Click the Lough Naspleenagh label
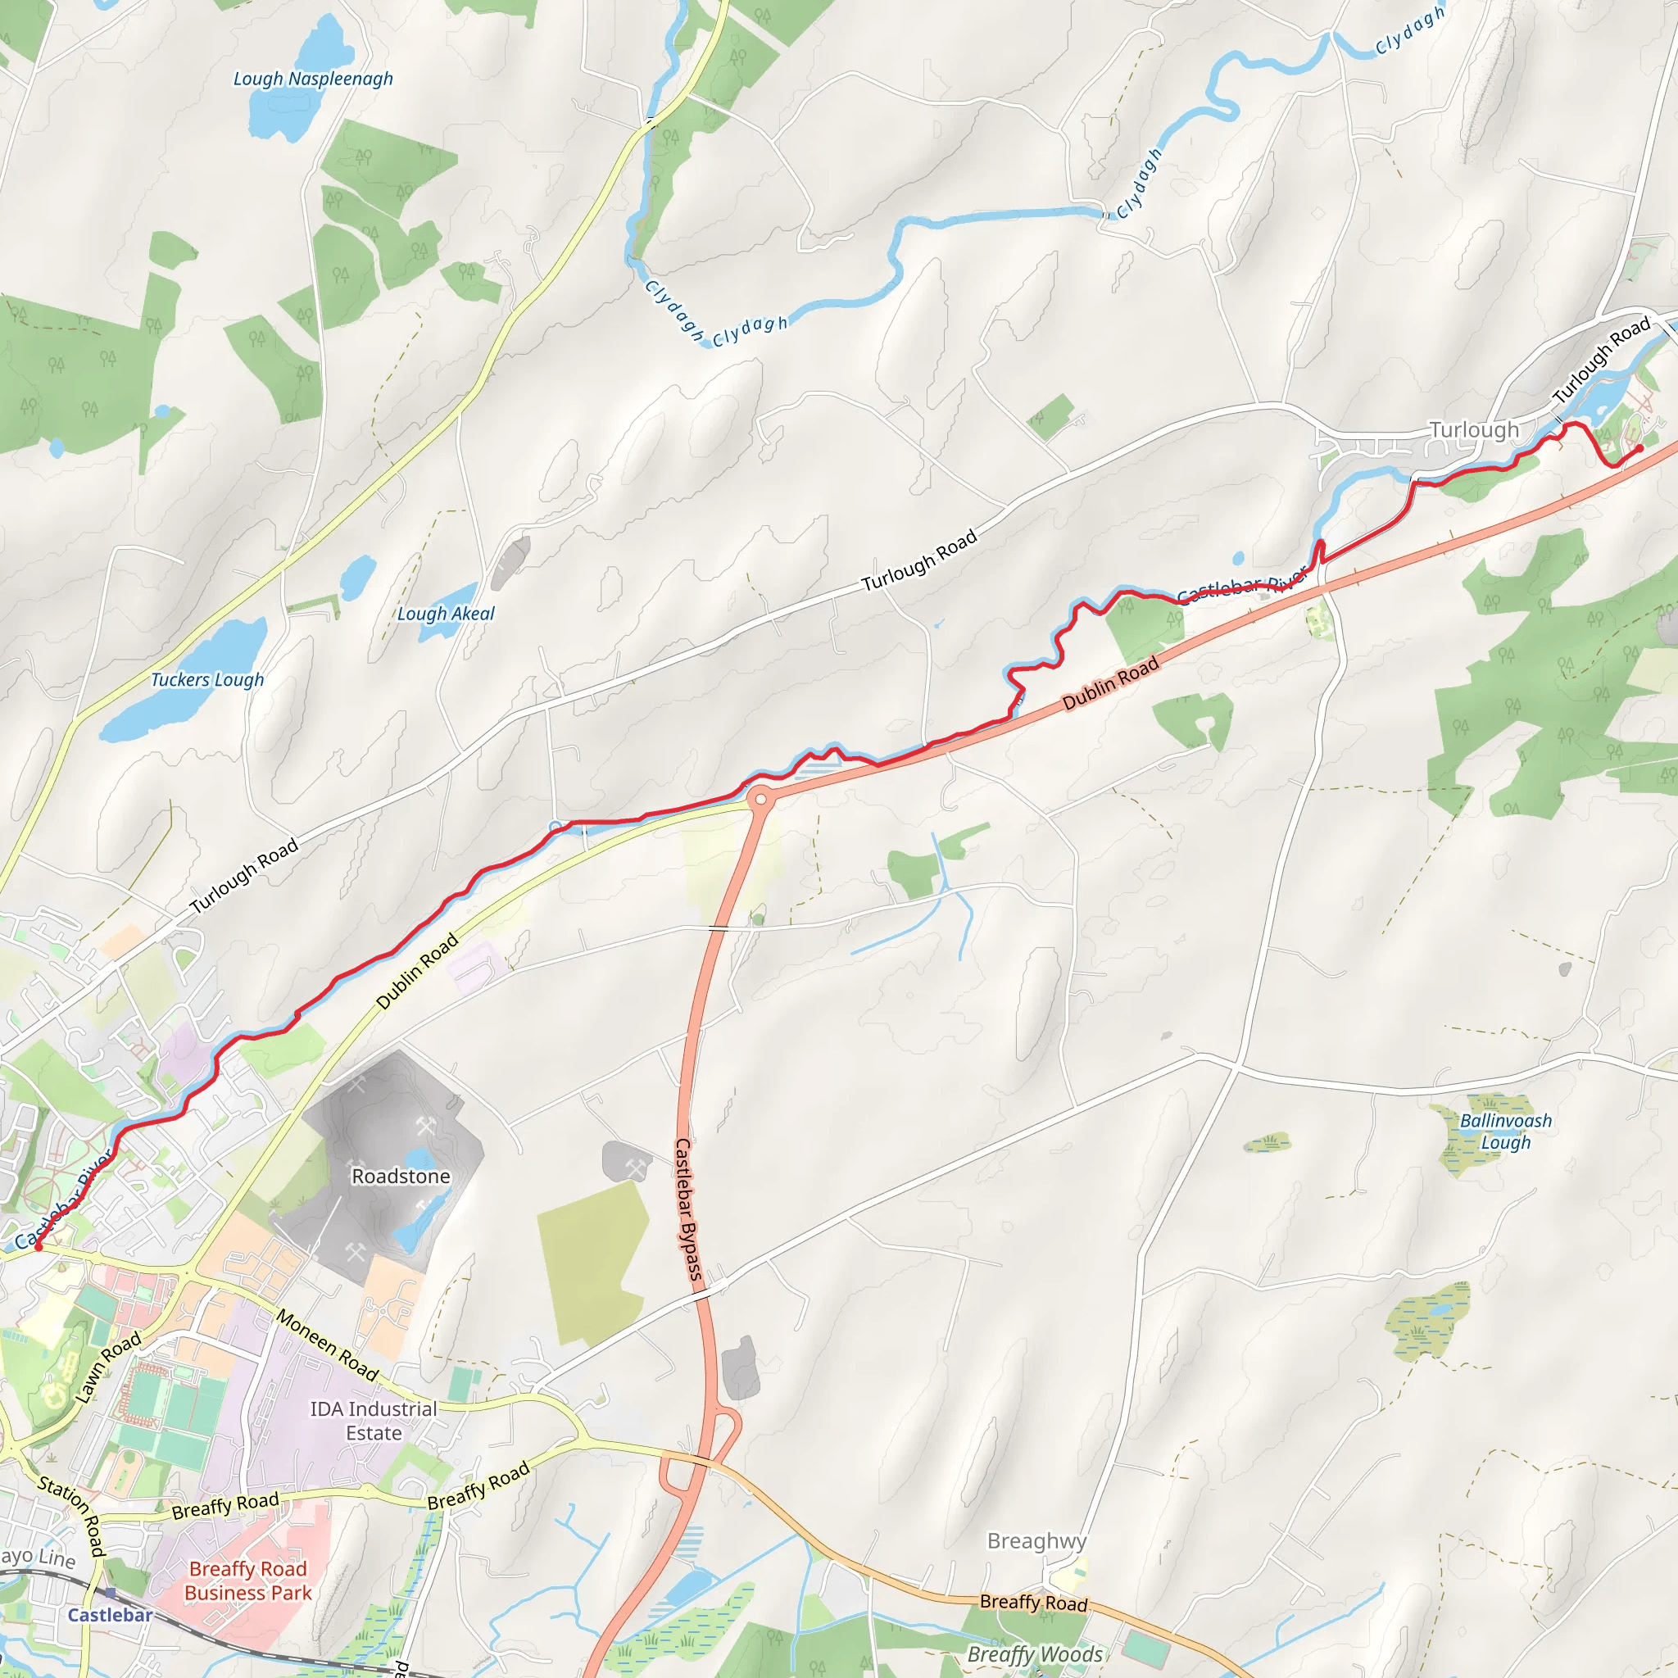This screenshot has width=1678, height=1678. click(x=313, y=79)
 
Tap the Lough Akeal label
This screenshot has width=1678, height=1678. click(x=446, y=614)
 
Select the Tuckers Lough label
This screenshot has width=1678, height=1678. click(x=207, y=680)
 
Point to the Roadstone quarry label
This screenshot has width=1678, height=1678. click(x=401, y=1176)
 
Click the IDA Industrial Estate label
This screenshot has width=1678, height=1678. click(x=374, y=1421)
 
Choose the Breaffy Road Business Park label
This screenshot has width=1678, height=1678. click(x=247, y=1580)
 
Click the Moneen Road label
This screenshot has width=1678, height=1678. click(x=328, y=1345)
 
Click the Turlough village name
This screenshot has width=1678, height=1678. click(x=1474, y=430)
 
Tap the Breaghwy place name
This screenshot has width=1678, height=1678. click(x=1036, y=1541)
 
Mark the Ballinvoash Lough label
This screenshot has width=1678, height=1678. click(x=1505, y=1131)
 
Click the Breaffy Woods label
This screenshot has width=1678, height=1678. click(x=1035, y=1654)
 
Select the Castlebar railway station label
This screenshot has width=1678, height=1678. click(x=111, y=1616)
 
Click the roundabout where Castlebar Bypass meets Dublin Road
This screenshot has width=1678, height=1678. click(x=760, y=799)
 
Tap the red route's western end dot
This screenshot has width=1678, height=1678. click(x=38, y=1247)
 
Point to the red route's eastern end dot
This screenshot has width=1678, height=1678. click(x=1639, y=449)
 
